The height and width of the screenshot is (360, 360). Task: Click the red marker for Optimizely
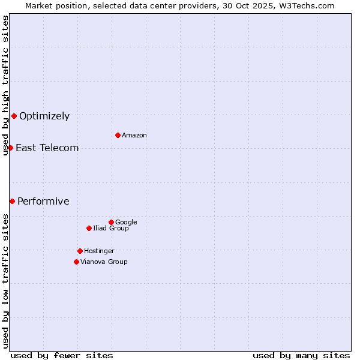pos(14,116)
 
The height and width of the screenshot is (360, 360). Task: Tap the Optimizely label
pos(44,116)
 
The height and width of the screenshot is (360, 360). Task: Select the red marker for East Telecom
pos(10,148)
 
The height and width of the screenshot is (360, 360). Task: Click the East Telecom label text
pos(47,148)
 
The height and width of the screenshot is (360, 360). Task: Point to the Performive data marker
pos(12,201)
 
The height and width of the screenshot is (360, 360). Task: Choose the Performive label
pos(43,202)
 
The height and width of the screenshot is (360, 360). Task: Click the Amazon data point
pos(118,135)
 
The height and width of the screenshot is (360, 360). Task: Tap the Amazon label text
pos(134,136)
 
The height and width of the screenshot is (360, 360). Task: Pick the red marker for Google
pos(111,222)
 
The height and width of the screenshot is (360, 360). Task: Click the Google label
pos(126,223)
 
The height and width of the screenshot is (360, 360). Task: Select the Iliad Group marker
pos(89,228)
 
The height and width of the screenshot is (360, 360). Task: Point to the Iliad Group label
pos(111,229)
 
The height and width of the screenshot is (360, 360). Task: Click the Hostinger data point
pos(80,251)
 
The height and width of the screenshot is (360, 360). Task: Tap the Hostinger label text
pos(99,251)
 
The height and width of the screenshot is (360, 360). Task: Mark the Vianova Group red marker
pos(76,262)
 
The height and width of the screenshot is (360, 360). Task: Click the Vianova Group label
pos(104,262)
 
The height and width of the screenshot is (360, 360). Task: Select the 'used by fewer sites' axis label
pos(62,355)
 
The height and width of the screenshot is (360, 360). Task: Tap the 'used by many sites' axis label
pos(301,355)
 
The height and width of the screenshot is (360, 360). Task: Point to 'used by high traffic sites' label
pos(5,85)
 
